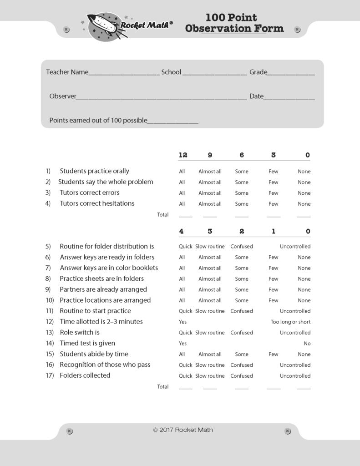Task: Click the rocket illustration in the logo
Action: (x=103, y=26)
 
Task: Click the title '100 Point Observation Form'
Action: (x=234, y=23)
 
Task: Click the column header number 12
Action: (x=183, y=155)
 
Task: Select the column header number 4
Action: (x=182, y=231)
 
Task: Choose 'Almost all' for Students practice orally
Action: (x=210, y=172)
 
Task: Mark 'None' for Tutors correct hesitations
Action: (x=304, y=204)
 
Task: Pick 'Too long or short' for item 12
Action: (x=290, y=322)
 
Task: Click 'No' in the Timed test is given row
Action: (x=307, y=344)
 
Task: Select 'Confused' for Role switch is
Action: (x=242, y=333)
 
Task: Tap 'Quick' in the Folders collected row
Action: (x=185, y=376)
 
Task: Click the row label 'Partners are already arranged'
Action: (x=103, y=289)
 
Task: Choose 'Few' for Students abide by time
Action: (x=273, y=355)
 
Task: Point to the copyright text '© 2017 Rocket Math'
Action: (x=183, y=430)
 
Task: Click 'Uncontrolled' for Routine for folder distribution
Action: (x=295, y=247)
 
